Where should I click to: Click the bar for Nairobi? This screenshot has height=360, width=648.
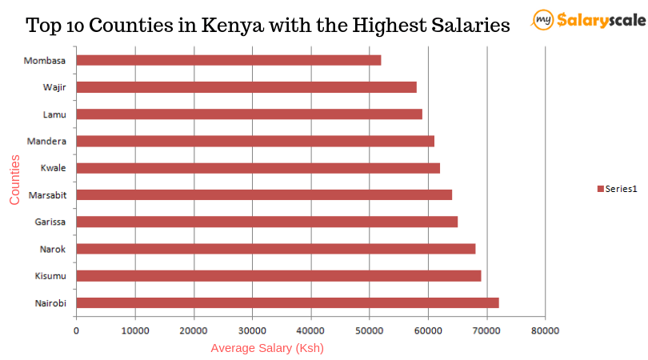click(287, 302)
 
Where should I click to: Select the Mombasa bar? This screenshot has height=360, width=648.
click(229, 60)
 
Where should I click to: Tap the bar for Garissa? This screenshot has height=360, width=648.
click(266, 222)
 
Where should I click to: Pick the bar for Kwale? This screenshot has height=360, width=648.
click(258, 168)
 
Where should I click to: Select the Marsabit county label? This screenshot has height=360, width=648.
click(47, 195)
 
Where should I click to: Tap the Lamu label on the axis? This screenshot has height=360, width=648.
click(54, 114)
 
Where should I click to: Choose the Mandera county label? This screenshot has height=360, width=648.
click(46, 142)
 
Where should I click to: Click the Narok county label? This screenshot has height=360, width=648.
click(54, 249)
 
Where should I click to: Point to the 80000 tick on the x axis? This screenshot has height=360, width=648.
click(545, 330)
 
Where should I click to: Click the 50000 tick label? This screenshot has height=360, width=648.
click(369, 330)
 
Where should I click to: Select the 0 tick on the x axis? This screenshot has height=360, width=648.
click(76, 330)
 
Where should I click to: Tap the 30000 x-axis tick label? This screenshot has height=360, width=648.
click(252, 330)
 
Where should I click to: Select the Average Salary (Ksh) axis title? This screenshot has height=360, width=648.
click(267, 348)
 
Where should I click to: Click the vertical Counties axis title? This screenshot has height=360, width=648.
click(15, 180)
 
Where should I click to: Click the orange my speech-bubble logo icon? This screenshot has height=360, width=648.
click(543, 19)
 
